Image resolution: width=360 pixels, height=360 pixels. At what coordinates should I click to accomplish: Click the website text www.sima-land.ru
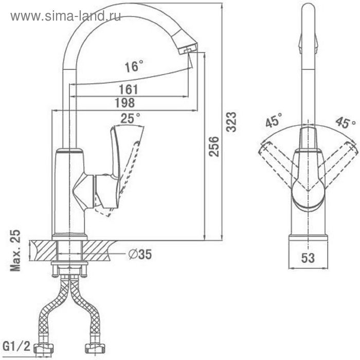[x=65, y=16]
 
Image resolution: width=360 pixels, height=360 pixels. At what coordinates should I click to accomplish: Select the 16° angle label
[x=134, y=66]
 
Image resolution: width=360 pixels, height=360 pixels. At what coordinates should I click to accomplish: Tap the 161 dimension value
[x=129, y=89]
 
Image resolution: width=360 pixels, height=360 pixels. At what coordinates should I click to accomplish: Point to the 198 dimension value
[x=125, y=102]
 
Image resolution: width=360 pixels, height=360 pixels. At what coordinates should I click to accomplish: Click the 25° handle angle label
[x=130, y=118]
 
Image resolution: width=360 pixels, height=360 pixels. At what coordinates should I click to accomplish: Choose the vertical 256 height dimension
[x=214, y=147]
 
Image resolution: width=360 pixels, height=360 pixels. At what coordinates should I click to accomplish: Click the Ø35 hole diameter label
[x=140, y=254]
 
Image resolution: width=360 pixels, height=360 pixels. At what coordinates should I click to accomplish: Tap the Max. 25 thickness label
[x=15, y=250]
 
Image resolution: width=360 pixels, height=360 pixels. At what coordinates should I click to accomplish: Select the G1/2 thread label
[x=16, y=346]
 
